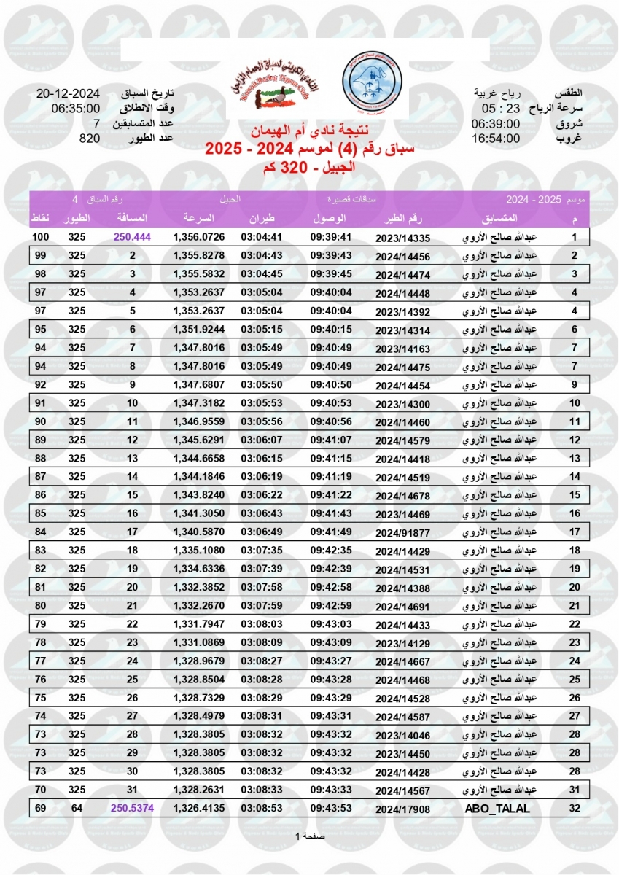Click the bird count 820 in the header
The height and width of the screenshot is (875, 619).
pyautogui.click(x=90, y=138)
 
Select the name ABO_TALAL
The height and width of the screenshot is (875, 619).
pyautogui.click(x=497, y=809)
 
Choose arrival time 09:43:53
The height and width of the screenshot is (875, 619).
pyautogui.click(x=331, y=809)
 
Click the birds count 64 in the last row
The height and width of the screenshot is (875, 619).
pyautogui.click(x=77, y=809)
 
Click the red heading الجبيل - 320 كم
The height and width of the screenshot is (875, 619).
pyautogui.click(x=310, y=166)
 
